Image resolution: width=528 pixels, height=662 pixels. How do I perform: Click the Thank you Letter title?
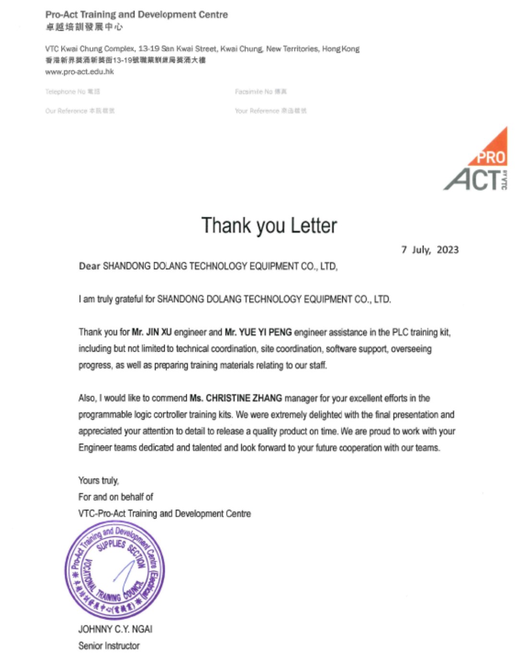(x=269, y=225)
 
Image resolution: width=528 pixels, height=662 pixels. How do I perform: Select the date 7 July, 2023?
(x=430, y=250)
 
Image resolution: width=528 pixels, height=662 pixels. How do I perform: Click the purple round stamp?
(x=115, y=570)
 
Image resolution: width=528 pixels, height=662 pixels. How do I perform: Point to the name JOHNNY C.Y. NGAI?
(x=115, y=629)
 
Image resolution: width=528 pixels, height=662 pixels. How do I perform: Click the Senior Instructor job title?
(x=109, y=646)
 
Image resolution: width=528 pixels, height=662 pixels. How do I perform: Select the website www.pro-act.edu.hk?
(x=79, y=72)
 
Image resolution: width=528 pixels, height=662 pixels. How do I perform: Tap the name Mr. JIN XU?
(x=151, y=332)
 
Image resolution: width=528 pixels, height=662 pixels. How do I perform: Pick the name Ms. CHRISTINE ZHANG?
(x=236, y=398)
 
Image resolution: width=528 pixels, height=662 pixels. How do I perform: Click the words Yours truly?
(x=98, y=480)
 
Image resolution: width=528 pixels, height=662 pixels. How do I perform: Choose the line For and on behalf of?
(x=116, y=497)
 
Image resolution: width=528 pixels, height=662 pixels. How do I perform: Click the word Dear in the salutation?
(x=89, y=266)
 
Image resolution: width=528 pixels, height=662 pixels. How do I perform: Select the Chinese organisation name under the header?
(x=84, y=27)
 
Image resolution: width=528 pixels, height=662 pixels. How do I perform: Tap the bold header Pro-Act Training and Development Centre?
(x=136, y=14)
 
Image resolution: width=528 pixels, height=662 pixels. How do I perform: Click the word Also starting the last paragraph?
(x=87, y=398)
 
